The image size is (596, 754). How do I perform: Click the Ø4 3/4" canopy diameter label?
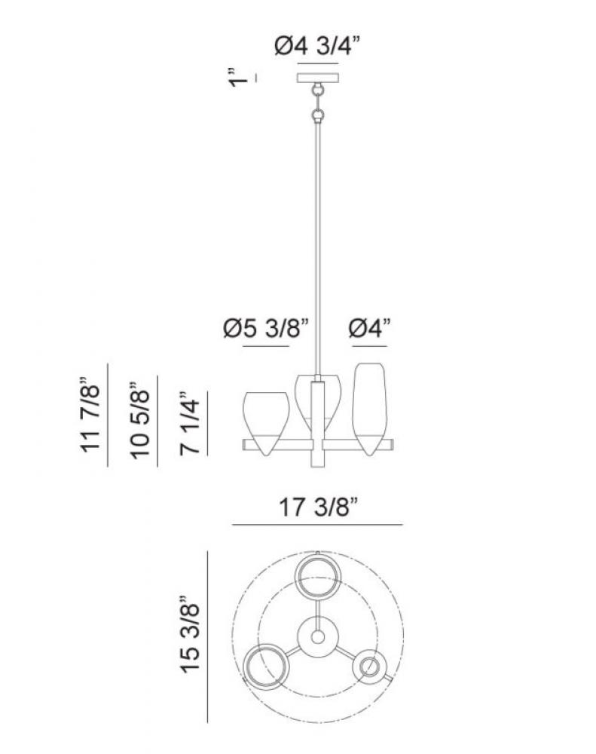click(x=317, y=46)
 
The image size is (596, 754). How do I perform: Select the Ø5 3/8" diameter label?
click(x=265, y=329)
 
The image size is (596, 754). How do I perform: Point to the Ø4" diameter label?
click(x=370, y=329)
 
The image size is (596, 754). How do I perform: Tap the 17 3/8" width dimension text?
click(x=319, y=507)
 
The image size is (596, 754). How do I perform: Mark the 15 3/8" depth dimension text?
click(x=189, y=635)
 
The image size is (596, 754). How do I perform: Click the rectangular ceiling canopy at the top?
click(x=318, y=78)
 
